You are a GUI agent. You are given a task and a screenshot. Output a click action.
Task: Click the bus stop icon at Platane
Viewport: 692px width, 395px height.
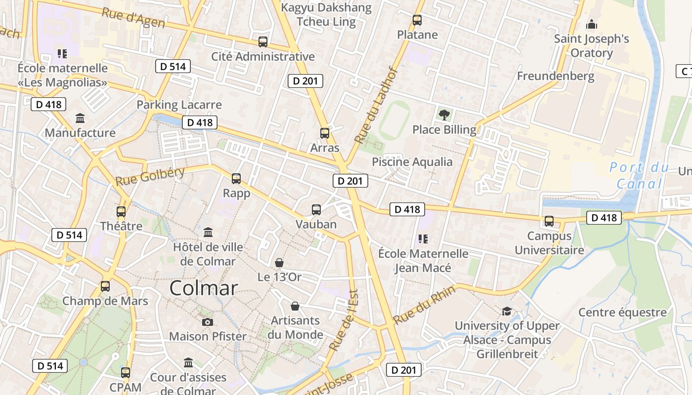click(417, 20)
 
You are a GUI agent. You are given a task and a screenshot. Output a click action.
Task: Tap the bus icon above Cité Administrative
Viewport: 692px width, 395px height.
click(263, 42)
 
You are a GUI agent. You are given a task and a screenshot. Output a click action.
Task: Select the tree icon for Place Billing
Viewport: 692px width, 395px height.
click(444, 115)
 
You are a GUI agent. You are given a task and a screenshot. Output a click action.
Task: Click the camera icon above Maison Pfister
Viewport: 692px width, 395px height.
click(208, 322)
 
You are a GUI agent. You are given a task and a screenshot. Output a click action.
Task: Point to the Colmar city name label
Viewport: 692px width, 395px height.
click(204, 288)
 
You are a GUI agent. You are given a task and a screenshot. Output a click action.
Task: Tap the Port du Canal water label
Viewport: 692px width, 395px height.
click(639, 175)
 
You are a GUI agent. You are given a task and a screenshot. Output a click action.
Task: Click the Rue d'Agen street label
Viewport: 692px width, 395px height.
click(133, 18)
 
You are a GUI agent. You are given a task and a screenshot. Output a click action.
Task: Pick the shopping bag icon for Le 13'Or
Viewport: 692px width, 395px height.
click(279, 263)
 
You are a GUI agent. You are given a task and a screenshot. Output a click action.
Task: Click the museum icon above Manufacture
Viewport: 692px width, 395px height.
click(80, 118)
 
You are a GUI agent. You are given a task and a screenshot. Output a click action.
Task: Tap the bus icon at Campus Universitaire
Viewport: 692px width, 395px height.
click(549, 221)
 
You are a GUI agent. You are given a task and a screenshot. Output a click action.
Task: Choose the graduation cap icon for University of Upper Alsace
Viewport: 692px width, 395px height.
click(507, 311)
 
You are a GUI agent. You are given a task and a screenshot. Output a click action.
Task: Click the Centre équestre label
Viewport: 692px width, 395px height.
click(622, 313)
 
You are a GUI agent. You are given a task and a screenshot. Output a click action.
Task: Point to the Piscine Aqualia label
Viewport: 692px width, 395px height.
click(412, 162)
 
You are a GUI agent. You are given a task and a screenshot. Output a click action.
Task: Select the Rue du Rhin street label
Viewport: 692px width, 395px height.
click(418, 305)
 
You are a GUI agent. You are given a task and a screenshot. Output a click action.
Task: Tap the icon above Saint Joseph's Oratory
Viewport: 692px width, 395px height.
click(591, 24)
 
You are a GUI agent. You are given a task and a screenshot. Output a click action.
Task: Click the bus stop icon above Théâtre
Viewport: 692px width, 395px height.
click(121, 212)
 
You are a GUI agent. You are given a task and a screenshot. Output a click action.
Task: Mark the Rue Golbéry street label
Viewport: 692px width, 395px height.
click(150, 176)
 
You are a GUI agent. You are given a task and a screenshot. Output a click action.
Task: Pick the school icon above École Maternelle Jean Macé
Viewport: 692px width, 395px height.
click(423, 239)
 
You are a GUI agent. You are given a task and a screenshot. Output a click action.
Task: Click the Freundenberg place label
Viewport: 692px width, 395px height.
click(556, 76)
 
